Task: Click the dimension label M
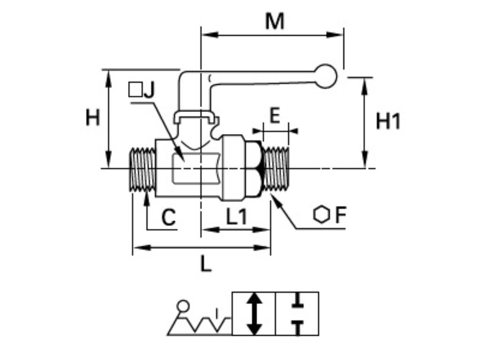[x=274, y=21]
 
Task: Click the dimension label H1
[x=389, y=121]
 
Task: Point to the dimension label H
[x=93, y=117]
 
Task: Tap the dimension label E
[x=275, y=115]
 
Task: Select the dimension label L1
[x=236, y=217]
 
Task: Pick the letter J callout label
[x=149, y=90]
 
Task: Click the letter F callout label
[x=340, y=215]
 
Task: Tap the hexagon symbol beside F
[x=321, y=215]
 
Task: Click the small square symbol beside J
[x=135, y=90]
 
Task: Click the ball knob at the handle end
[x=325, y=76]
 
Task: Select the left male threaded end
[x=142, y=169]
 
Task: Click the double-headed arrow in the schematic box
[x=254, y=314]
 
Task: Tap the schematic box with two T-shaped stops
[x=297, y=314]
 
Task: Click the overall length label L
[x=206, y=265]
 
